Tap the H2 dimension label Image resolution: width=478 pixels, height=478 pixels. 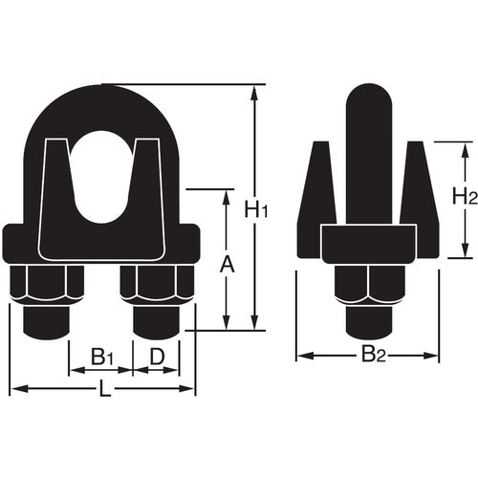466,198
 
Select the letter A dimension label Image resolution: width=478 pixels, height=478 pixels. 227,261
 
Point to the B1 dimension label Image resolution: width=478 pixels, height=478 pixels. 102,357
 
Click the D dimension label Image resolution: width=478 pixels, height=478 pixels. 159,357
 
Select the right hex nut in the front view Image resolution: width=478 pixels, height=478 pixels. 157,285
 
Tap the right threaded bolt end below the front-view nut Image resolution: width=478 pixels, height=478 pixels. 156,322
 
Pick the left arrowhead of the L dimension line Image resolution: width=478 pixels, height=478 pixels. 14,388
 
